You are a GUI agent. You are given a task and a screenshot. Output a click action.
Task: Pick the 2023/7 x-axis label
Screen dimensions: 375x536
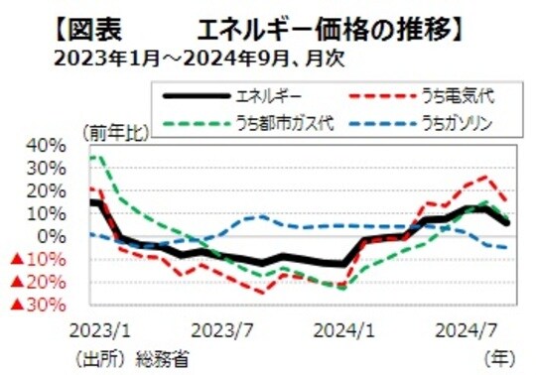coord(231,327)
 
